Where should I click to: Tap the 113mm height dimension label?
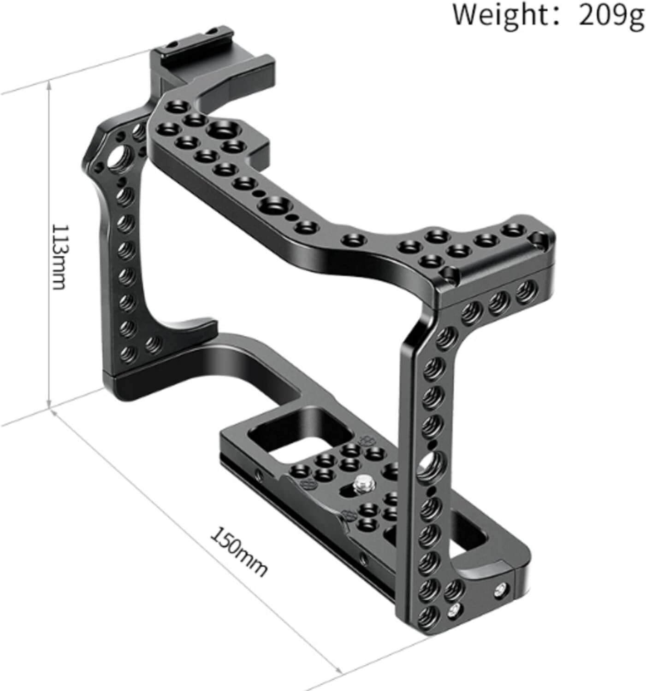(59, 257)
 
